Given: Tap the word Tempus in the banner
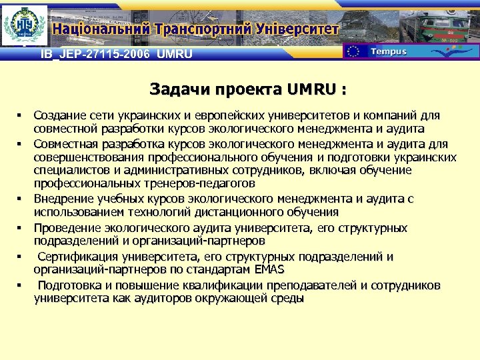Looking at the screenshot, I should click(388, 52).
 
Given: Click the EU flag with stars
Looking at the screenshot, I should click(354, 52).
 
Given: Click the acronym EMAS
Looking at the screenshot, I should click(267, 269).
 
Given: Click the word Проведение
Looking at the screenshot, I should click(64, 228).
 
